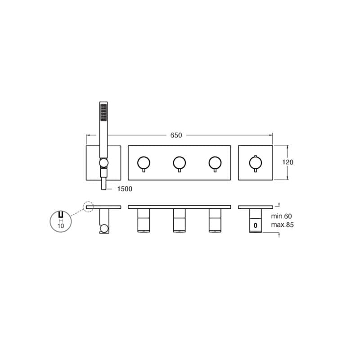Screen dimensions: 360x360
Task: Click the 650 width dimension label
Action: tap(176, 135)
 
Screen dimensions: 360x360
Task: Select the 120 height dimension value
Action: tap(288, 162)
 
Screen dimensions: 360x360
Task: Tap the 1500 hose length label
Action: tap(125, 189)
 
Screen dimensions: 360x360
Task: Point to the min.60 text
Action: tap(282, 216)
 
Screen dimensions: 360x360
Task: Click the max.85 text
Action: tap(283, 225)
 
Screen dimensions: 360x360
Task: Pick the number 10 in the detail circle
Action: tap(61, 226)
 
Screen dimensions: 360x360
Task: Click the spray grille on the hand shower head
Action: tap(103, 112)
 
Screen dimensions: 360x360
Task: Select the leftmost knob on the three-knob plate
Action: tap(144, 163)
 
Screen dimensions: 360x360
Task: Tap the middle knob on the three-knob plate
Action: tap(179, 163)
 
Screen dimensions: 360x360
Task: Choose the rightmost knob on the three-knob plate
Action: tap(215, 163)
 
